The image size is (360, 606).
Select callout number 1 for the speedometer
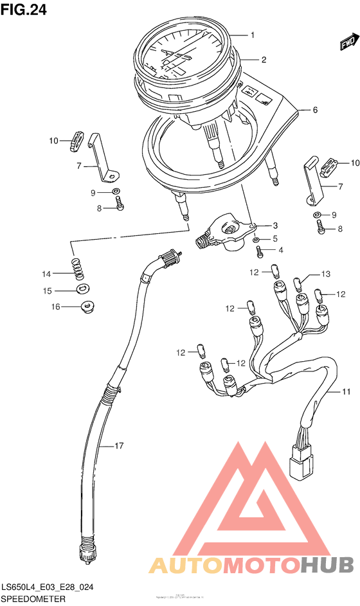pos(253,35)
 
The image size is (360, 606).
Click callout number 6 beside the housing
pos(316,110)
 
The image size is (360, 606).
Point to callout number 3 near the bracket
pos(274,226)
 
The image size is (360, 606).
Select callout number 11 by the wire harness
pos(346,392)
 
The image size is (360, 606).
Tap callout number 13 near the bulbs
pos(325,274)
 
